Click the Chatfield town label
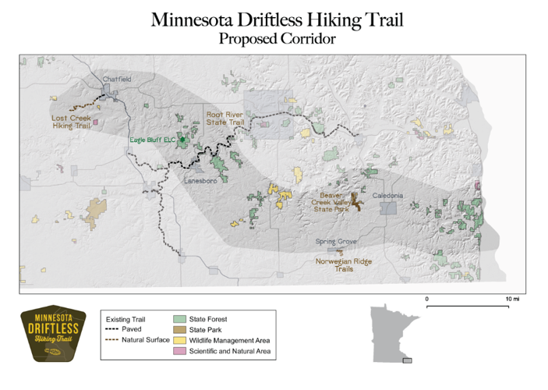click(117, 79)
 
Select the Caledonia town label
click(387, 194)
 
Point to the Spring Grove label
click(335, 242)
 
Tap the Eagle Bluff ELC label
click(152, 140)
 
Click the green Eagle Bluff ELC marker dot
click(182, 140)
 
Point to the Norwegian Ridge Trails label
click(344, 264)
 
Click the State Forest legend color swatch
click(179, 319)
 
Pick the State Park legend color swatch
click(179, 330)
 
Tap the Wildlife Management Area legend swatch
click(179, 341)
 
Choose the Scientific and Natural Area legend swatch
click(179, 352)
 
